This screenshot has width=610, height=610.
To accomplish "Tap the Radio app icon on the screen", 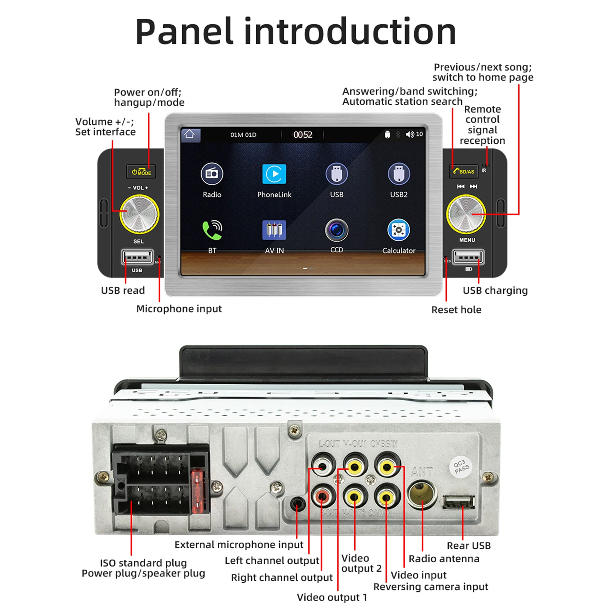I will click(212, 174).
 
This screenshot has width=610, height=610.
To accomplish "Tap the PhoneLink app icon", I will click(274, 174).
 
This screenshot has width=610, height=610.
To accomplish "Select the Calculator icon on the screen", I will click(398, 230).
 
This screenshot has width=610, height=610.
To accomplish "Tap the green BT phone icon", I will click(212, 230).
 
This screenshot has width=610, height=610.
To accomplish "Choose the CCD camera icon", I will click(336, 230).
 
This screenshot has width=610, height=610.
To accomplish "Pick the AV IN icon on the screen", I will click(274, 230).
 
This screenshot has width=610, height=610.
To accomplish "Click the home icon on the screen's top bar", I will click(190, 135).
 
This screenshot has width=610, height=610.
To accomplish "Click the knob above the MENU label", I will click(466, 213).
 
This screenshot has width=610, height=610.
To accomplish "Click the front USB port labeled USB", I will click(137, 257).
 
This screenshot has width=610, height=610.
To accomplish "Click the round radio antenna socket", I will click(422, 494).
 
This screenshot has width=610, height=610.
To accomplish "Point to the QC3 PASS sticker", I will click(461, 467).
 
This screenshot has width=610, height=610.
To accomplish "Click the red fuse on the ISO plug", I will click(197, 492).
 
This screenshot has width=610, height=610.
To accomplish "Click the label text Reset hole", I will click(456, 310).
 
